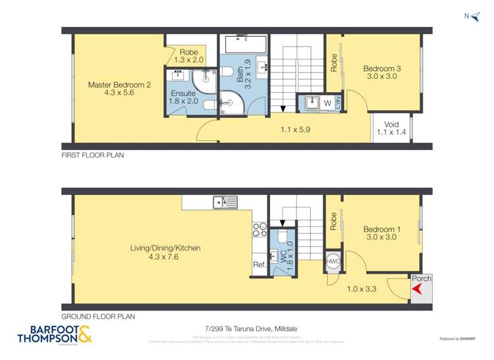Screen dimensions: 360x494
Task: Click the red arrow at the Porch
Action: (416, 290)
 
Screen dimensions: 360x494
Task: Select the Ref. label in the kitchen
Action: (259, 265)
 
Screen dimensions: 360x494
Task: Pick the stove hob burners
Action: (257, 230)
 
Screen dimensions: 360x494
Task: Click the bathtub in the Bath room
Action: (246, 45)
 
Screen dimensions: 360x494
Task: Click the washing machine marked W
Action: (327, 103)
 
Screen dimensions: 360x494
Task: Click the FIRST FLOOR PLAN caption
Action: (93, 155)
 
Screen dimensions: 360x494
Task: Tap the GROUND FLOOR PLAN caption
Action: (98, 316)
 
